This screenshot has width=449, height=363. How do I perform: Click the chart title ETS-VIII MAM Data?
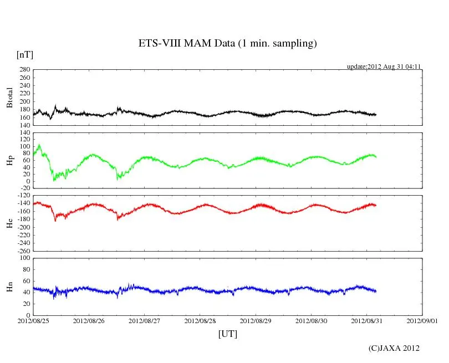[x=227, y=44]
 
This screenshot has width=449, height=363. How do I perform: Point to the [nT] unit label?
[x=24, y=54]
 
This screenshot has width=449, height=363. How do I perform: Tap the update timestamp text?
[x=384, y=67]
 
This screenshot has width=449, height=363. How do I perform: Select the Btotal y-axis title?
[x=10, y=98]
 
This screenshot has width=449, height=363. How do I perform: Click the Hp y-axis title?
[x=10, y=161]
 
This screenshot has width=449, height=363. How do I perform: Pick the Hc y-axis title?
[x=10, y=223]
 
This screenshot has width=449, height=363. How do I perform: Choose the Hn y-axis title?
[x=10, y=287]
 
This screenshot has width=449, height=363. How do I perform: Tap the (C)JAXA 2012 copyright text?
[x=394, y=348]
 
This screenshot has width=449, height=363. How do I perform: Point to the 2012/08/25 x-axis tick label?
[x=33, y=321]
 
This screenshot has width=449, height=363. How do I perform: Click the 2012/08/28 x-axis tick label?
[x=200, y=321]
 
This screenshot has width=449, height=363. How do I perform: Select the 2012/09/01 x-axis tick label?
[x=422, y=321]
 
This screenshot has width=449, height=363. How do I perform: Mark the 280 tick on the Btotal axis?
[x=24, y=70]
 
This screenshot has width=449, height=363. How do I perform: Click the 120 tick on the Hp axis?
[x=24, y=133]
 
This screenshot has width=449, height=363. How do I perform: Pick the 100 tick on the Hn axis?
[x=24, y=258]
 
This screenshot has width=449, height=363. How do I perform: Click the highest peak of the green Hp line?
[x=39, y=145]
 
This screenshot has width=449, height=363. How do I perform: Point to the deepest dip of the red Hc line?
[x=55, y=221]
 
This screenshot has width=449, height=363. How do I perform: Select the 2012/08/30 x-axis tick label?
[x=311, y=321]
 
